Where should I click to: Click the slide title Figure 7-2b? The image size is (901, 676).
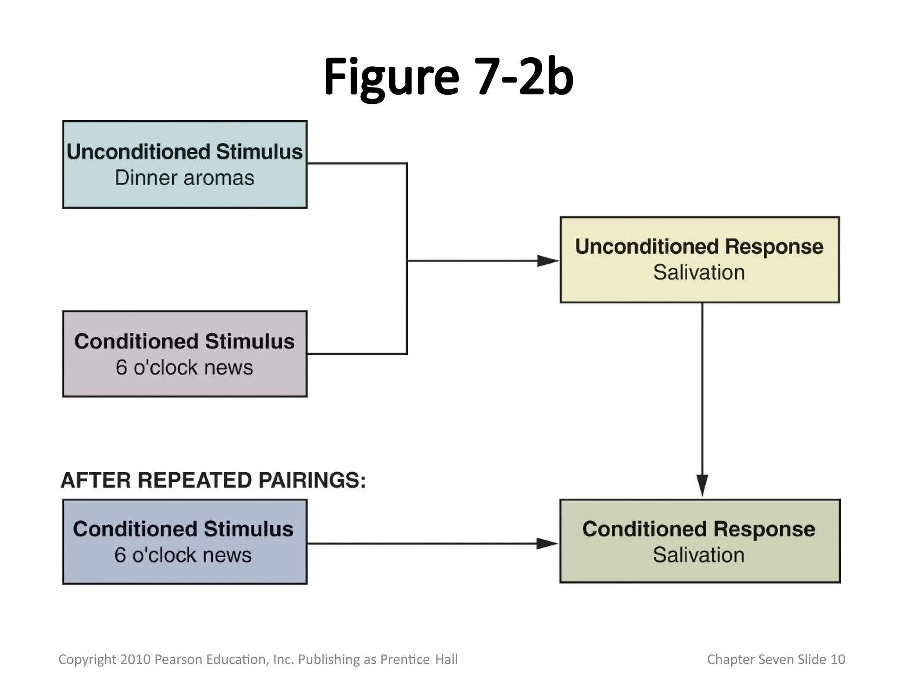pyautogui.click(x=448, y=77)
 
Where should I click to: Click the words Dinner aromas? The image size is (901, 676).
pyautogui.click(x=184, y=178)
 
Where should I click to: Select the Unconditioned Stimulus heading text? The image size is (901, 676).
pyautogui.click(x=184, y=152)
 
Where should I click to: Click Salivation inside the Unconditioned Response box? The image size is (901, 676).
pyautogui.click(x=699, y=272)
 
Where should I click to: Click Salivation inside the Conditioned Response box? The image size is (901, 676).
pyautogui.click(x=699, y=555)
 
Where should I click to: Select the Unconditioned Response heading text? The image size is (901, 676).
pyautogui.click(x=699, y=246)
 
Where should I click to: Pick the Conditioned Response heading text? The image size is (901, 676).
pyautogui.click(x=699, y=529)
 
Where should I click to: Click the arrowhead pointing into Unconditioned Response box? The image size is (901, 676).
pyautogui.click(x=548, y=261)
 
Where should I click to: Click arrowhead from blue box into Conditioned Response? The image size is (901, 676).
pyautogui.click(x=547, y=544)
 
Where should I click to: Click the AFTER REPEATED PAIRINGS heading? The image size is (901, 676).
pyautogui.click(x=213, y=480)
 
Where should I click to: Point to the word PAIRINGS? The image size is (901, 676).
pyautogui.click(x=312, y=480)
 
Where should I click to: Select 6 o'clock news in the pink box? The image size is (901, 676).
pyautogui.click(x=184, y=367)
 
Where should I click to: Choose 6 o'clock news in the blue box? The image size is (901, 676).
pyautogui.click(x=183, y=555)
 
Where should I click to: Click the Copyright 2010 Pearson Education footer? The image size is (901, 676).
pyautogui.click(x=258, y=659)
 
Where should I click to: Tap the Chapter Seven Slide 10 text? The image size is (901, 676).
pyautogui.click(x=776, y=659)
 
